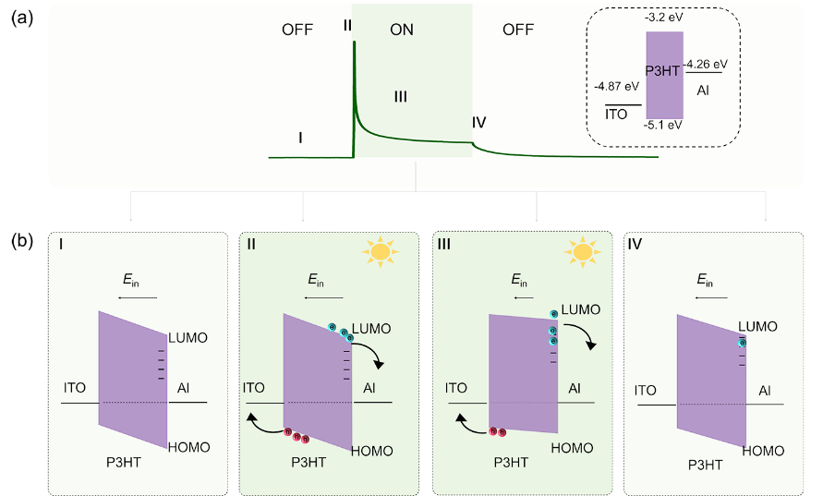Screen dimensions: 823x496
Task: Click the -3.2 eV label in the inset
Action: (664, 18)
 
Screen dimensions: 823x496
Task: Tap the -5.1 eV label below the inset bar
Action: (663, 125)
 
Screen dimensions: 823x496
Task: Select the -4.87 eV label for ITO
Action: (617, 86)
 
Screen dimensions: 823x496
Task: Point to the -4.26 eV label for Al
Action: (706, 65)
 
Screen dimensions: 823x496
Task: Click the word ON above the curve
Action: (402, 30)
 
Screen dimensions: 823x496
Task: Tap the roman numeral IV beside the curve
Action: (478, 122)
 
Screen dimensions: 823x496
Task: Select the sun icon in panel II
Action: (380, 252)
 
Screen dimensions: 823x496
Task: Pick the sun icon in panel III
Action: (582, 252)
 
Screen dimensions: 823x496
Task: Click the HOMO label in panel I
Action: (189, 447)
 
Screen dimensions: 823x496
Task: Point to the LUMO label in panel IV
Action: (757, 326)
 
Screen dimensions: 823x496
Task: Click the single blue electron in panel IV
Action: (742, 344)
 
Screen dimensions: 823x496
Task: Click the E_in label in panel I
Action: (131, 280)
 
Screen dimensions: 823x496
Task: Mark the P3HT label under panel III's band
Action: (511, 463)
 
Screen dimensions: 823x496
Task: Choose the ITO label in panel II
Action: (253, 388)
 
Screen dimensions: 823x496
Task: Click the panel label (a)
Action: (22, 18)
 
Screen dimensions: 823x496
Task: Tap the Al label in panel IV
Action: (765, 391)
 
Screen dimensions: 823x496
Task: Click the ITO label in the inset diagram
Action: (616, 115)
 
